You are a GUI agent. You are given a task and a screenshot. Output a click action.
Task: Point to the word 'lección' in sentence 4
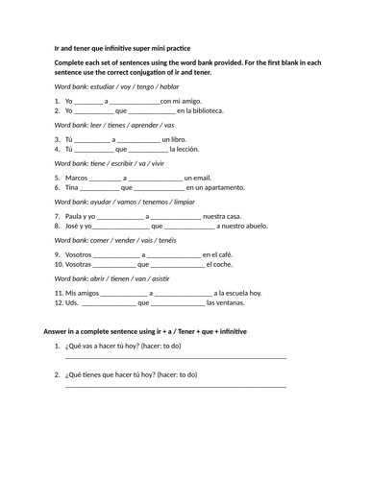pyautogui.click(x=184, y=149)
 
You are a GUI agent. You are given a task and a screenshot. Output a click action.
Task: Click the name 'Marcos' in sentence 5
pyautogui.click(x=76, y=178)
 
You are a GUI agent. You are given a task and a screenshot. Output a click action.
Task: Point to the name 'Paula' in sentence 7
pyautogui.click(x=75, y=216)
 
